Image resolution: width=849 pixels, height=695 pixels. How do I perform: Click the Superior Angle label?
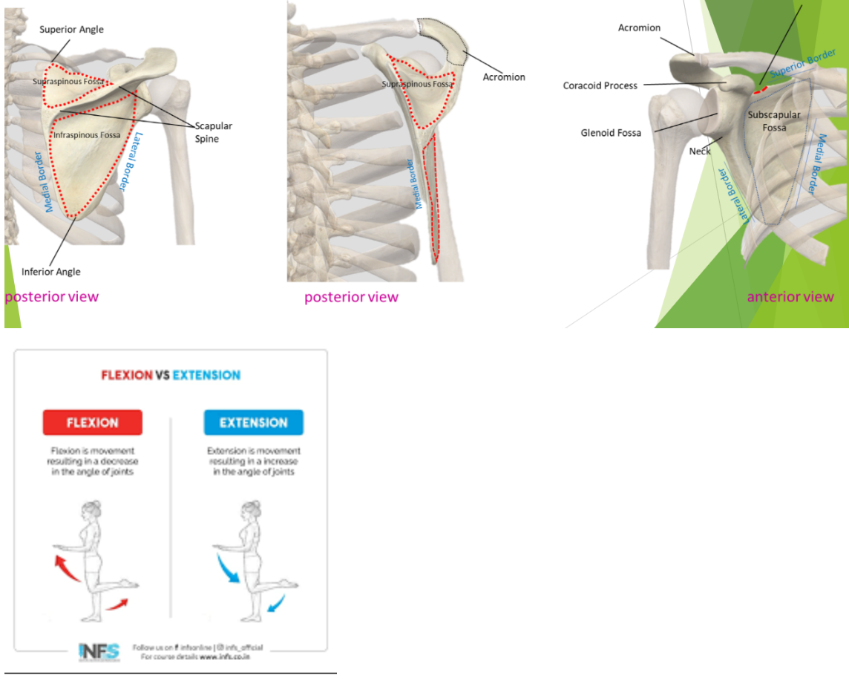tap(71, 30)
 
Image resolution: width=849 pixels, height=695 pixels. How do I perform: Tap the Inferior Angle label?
tap(50, 272)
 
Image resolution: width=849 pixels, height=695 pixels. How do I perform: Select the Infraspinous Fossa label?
tap(87, 135)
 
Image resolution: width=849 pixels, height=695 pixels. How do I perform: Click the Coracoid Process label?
tap(600, 85)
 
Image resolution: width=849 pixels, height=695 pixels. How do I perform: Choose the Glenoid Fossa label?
tap(611, 133)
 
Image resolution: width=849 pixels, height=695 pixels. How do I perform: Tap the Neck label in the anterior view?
tap(700, 151)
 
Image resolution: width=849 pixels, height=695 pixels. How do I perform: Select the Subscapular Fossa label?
tap(774, 121)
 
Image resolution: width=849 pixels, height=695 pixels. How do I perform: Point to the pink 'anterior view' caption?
tap(790, 297)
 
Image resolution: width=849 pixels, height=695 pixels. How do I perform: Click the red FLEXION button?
tap(93, 422)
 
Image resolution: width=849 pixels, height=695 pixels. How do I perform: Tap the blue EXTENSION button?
tap(253, 422)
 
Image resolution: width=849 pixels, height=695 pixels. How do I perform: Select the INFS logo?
tap(98, 651)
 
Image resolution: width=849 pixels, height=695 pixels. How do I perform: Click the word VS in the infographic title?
tap(163, 375)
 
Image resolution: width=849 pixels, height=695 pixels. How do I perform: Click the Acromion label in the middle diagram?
tap(504, 77)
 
